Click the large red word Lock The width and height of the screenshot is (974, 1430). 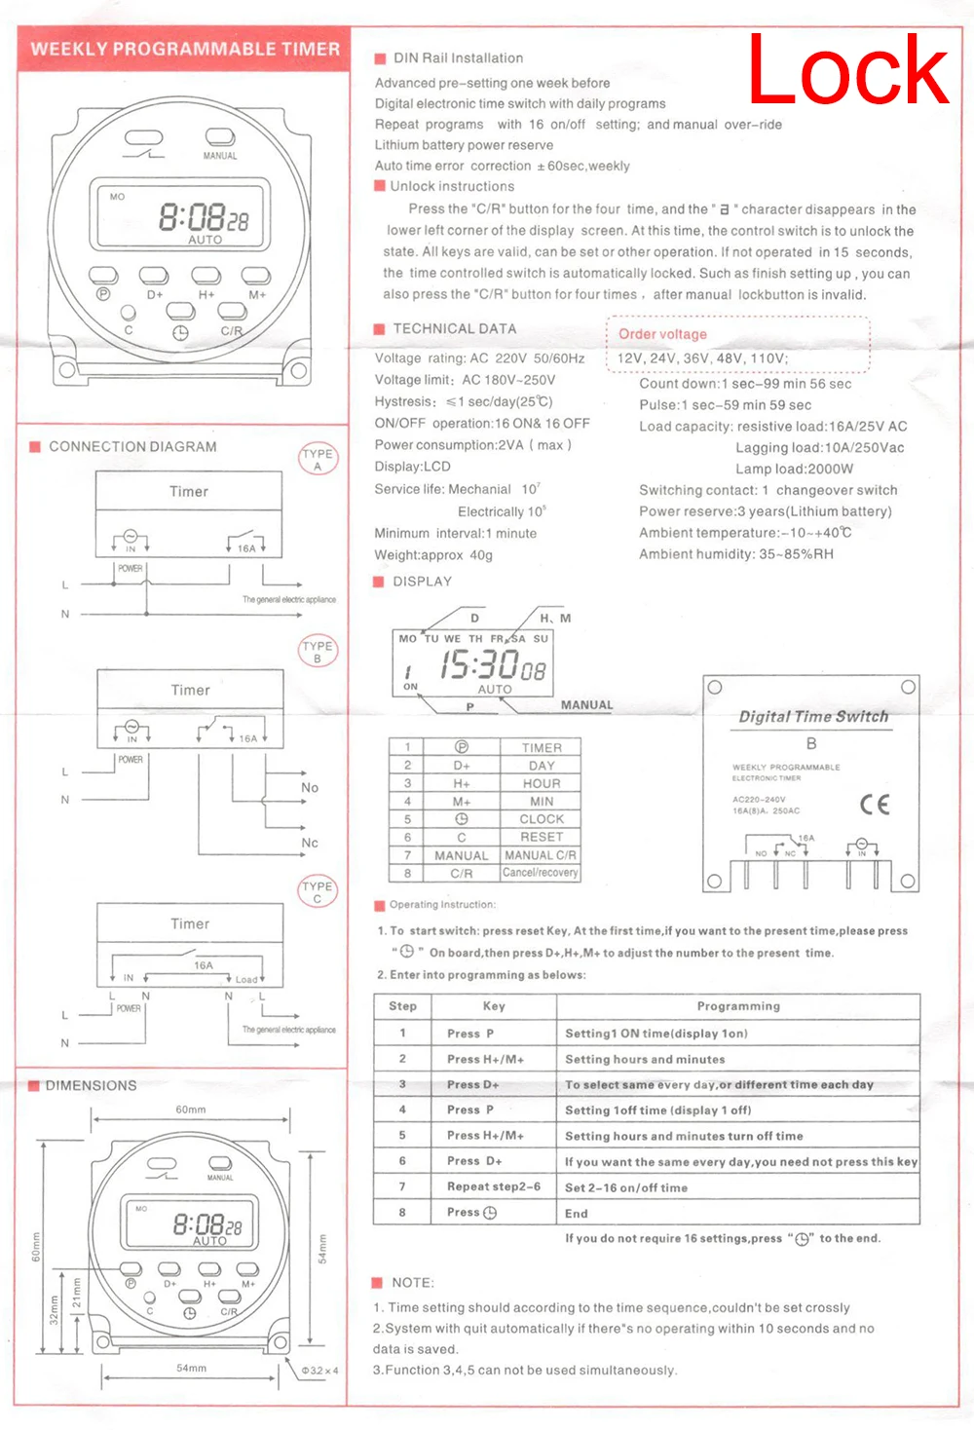[x=847, y=70]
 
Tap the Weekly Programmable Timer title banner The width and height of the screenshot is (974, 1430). [x=185, y=49]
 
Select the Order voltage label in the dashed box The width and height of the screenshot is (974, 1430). [x=662, y=334]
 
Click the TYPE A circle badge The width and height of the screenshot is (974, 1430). [x=318, y=459]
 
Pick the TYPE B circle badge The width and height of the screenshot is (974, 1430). [x=318, y=651]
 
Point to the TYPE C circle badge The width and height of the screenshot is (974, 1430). [x=318, y=891]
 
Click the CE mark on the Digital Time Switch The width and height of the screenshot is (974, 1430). [x=875, y=805]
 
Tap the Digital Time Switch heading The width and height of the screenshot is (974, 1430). [x=813, y=716]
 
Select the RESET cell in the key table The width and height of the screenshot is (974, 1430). [x=542, y=837]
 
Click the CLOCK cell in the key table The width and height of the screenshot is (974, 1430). [x=542, y=819]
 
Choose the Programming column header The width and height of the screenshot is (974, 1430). [x=738, y=1006]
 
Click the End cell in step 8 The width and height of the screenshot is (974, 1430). [x=577, y=1214]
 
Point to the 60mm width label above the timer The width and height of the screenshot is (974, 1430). [x=191, y=1110]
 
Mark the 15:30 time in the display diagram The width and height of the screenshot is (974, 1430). [x=479, y=665]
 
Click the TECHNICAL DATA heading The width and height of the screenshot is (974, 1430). [x=455, y=329]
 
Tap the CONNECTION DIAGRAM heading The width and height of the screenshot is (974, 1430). [x=132, y=446]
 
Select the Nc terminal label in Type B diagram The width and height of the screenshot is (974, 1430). [x=310, y=843]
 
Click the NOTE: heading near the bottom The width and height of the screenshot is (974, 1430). [x=413, y=1283]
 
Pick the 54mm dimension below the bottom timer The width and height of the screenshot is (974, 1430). [x=191, y=1368]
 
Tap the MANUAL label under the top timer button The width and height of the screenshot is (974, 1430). [x=220, y=156]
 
